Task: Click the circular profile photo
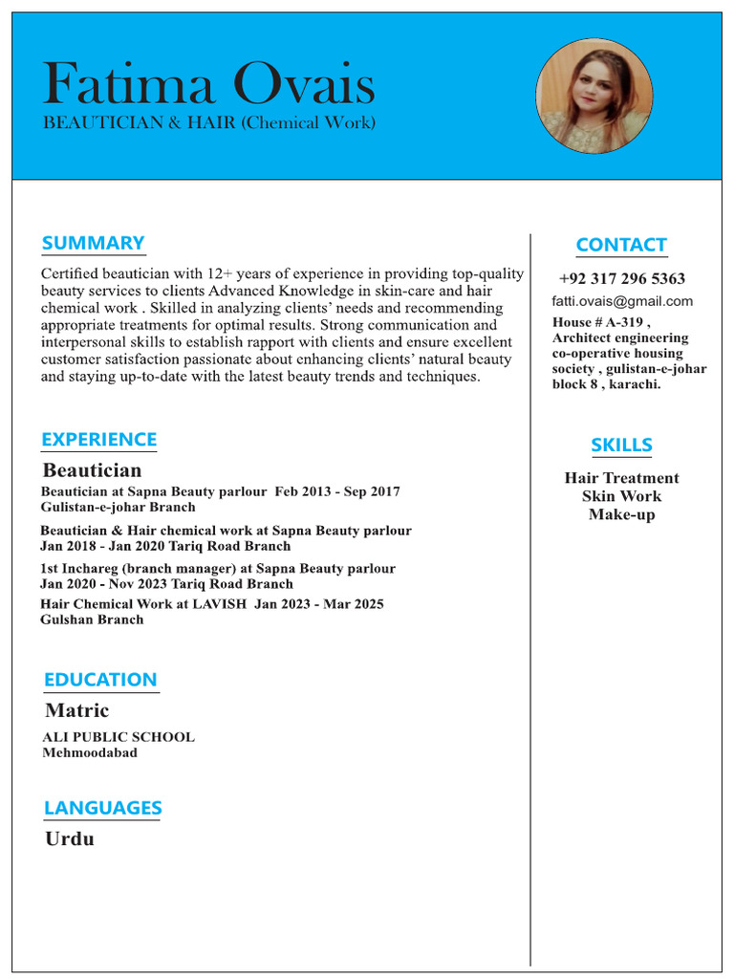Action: tap(594, 96)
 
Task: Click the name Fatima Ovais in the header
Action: tap(209, 84)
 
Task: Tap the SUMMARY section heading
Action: tap(93, 243)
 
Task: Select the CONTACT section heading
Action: tap(621, 245)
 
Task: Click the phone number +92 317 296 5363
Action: tap(622, 279)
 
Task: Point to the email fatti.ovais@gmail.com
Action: tap(622, 301)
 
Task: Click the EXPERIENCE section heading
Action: tap(98, 440)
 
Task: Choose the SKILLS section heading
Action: tap(621, 445)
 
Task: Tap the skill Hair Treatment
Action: tap(621, 478)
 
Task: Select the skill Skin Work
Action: tap(621, 496)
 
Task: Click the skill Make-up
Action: tap(621, 514)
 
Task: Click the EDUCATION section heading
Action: tap(100, 680)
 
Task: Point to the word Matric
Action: tap(76, 710)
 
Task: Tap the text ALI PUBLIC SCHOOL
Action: tap(118, 737)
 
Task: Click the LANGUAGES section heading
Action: tap(102, 808)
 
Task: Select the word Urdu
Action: tap(70, 839)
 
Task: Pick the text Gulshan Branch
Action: tap(92, 620)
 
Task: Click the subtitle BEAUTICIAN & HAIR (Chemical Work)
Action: tap(209, 123)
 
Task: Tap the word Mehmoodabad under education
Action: tap(90, 752)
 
